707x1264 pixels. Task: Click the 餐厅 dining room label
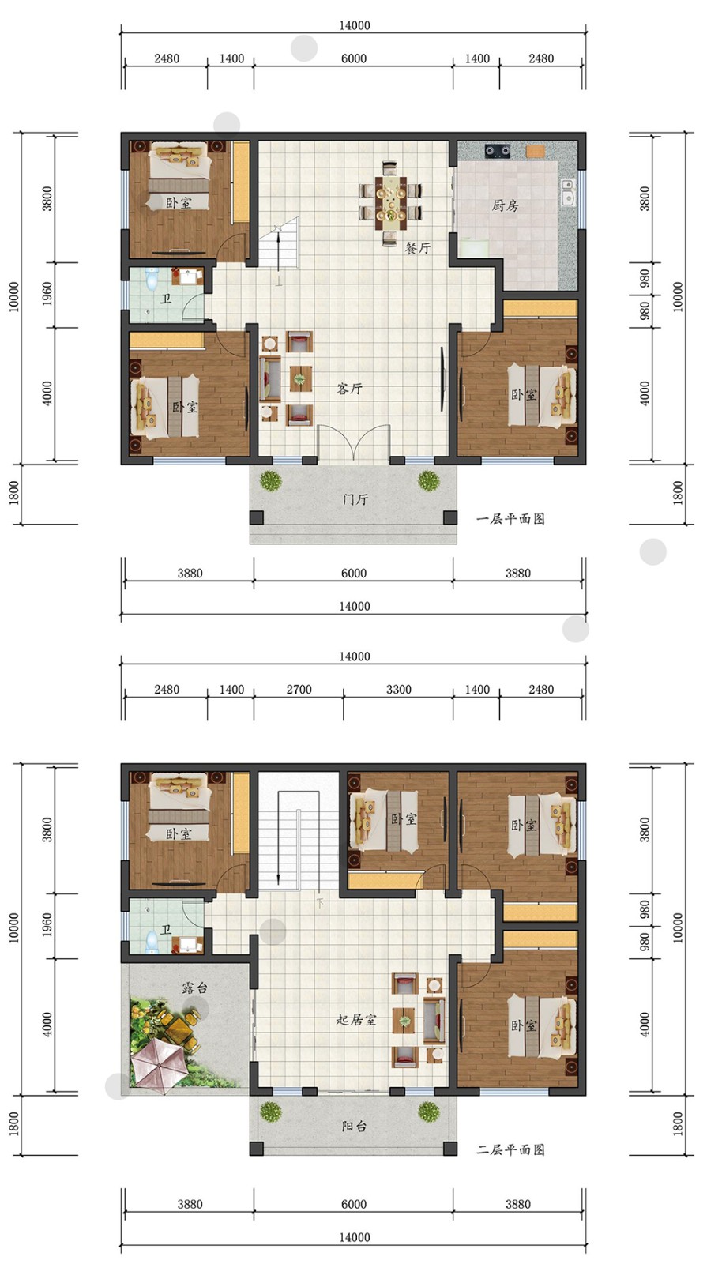[x=418, y=248]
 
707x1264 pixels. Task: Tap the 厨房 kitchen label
[x=505, y=205]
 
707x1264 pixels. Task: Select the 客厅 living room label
[x=349, y=388]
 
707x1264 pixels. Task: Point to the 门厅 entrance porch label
[x=355, y=498]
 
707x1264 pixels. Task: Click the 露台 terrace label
[x=194, y=987]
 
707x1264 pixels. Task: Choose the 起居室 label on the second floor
[x=356, y=1020]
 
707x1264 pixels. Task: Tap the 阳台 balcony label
[x=355, y=1127]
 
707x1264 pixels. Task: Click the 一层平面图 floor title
[x=510, y=518]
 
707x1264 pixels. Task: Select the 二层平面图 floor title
[x=510, y=1149]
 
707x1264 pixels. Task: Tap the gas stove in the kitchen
[x=498, y=151]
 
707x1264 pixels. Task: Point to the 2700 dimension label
[x=299, y=690]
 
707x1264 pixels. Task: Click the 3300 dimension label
[x=398, y=690]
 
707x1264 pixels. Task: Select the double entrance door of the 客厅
[x=353, y=445]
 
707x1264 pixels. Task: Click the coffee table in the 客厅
[x=301, y=378]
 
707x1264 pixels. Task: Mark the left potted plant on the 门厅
[x=270, y=481]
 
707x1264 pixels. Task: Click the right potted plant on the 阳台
[x=428, y=1112]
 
